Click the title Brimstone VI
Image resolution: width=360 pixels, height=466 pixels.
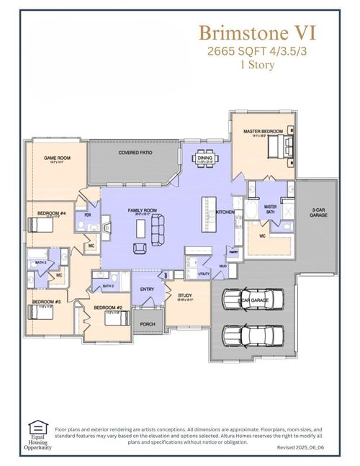256,32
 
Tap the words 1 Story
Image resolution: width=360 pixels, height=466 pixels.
256,64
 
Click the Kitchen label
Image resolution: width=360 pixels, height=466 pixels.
225,212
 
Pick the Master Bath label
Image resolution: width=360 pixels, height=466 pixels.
271,208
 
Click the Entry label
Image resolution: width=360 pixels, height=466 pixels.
148,290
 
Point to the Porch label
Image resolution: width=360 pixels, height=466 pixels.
148,324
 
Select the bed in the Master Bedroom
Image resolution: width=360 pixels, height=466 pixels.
276,148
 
